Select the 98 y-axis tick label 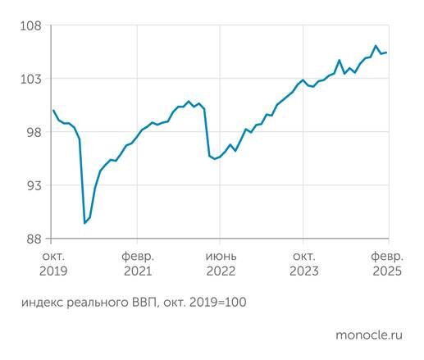(x=31, y=132)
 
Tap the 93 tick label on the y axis (x=31, y=185)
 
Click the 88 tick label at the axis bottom (x=31, y=239)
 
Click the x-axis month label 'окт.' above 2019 (x=52, y=256)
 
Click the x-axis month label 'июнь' (x=221, y=256)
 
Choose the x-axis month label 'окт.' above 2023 (x=304, y=256)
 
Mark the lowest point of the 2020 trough (x=84, y=223)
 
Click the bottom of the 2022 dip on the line (x=215, y=158)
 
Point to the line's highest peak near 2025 (x=376, y=46)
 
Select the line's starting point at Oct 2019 (x=52, y=110)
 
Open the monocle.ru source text (x=369, y=335)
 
